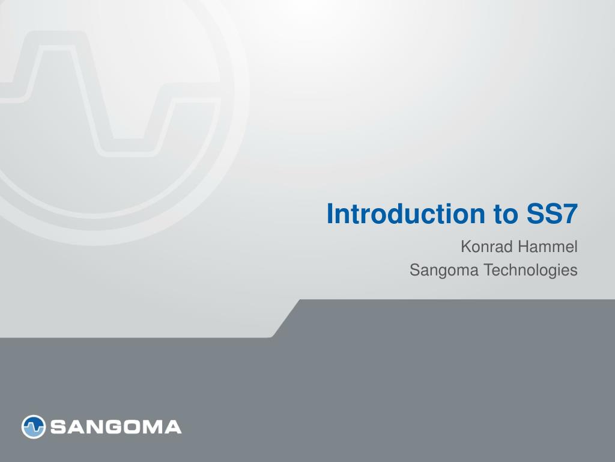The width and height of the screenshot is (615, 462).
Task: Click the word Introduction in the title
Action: pos(405,214)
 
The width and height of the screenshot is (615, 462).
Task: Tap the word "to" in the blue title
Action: pos(505,215)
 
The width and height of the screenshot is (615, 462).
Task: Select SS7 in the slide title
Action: pos(551,214)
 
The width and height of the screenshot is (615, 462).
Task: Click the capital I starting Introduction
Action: pos(330,214)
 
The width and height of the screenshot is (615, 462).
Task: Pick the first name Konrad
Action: pos(486,247)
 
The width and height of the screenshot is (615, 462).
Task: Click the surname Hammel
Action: pos(548,247)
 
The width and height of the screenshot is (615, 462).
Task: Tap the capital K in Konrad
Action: pos(466,247)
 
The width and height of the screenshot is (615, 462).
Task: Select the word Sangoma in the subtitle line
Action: pos(444,271)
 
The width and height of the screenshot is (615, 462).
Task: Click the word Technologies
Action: pos(530,271)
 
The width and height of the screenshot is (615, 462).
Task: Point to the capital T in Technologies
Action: pos(488,270)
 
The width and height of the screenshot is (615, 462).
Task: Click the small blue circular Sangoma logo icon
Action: pos(34,427)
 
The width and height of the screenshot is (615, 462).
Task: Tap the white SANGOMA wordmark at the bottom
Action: pos(116,427)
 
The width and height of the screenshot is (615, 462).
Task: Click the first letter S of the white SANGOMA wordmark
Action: pos(57,427)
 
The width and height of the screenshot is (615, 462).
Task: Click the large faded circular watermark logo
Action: pos(239,118)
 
